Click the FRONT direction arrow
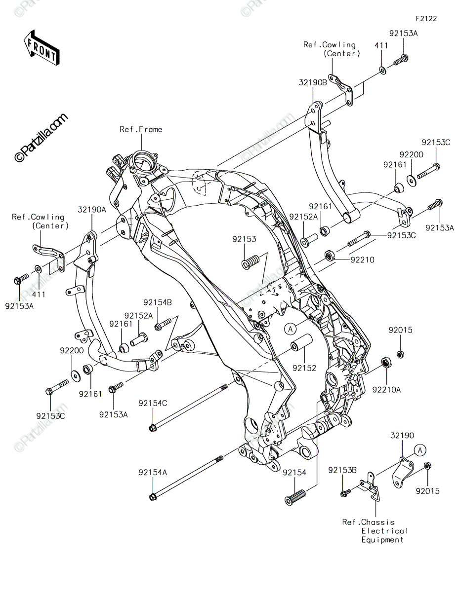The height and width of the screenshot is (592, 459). pyautogui.click(x=42, y=48)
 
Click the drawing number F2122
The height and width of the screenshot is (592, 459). pyautogui.click(x=426, y=19)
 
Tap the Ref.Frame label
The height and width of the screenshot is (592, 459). pyautogui.click(x=141, y=129)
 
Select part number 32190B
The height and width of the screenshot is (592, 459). pyautogui.click(x=313, y=82)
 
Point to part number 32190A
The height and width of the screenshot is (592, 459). pyautogui.click(x=92, y=210)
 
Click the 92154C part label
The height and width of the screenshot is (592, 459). pyautogui.click(x=153, y=403)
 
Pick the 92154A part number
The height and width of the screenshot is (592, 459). pyautogui.click(x=153, y=472)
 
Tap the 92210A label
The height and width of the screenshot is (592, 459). pyautogui.click(x=387, y=390)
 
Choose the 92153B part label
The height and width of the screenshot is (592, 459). pyautogui.click(x=342, y=470)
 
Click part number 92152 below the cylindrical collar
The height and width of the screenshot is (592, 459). pyautogui.click(x=304, y=368)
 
